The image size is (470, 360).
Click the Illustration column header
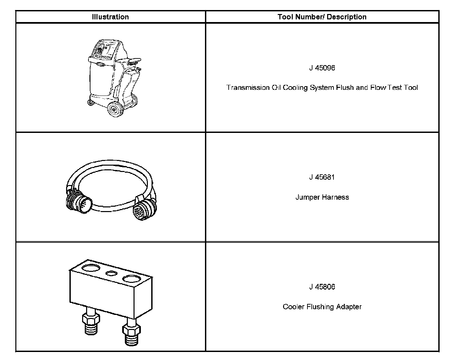click(110, 17)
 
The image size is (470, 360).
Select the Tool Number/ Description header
click(322, 17)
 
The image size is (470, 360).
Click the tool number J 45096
click(322, 68)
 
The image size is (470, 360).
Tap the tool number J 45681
click(322, 177)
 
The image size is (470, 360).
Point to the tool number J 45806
click(322, 287)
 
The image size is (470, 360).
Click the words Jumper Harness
click(322, 197)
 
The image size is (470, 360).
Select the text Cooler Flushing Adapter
click(322, 307)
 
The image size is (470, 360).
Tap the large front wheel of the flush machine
click(115, 109)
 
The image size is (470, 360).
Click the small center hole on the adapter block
click(111, 273)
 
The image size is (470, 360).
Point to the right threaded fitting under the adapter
click(130, 334)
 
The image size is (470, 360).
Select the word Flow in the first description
click(378, 88)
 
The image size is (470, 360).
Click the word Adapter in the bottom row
click(349, 307)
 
